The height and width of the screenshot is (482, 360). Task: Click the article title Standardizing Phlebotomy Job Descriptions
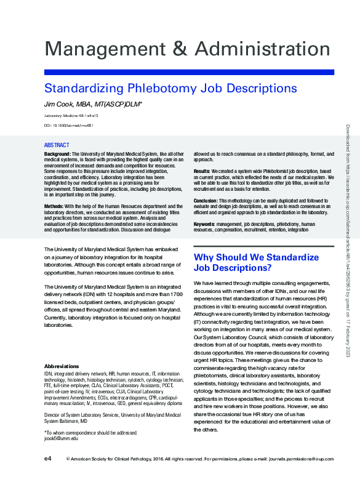pos(170,88)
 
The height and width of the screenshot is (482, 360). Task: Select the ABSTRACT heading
pos(57,145)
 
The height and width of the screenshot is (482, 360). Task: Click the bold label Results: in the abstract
pos(202,170)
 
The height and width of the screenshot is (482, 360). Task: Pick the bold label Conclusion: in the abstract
pos(205,200)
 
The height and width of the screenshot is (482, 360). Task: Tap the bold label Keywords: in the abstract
pos(204,225)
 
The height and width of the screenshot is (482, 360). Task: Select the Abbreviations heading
pos(62,366)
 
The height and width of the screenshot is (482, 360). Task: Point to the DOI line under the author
pos(69,126)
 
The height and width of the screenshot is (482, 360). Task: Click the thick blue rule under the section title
pos(189,73)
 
